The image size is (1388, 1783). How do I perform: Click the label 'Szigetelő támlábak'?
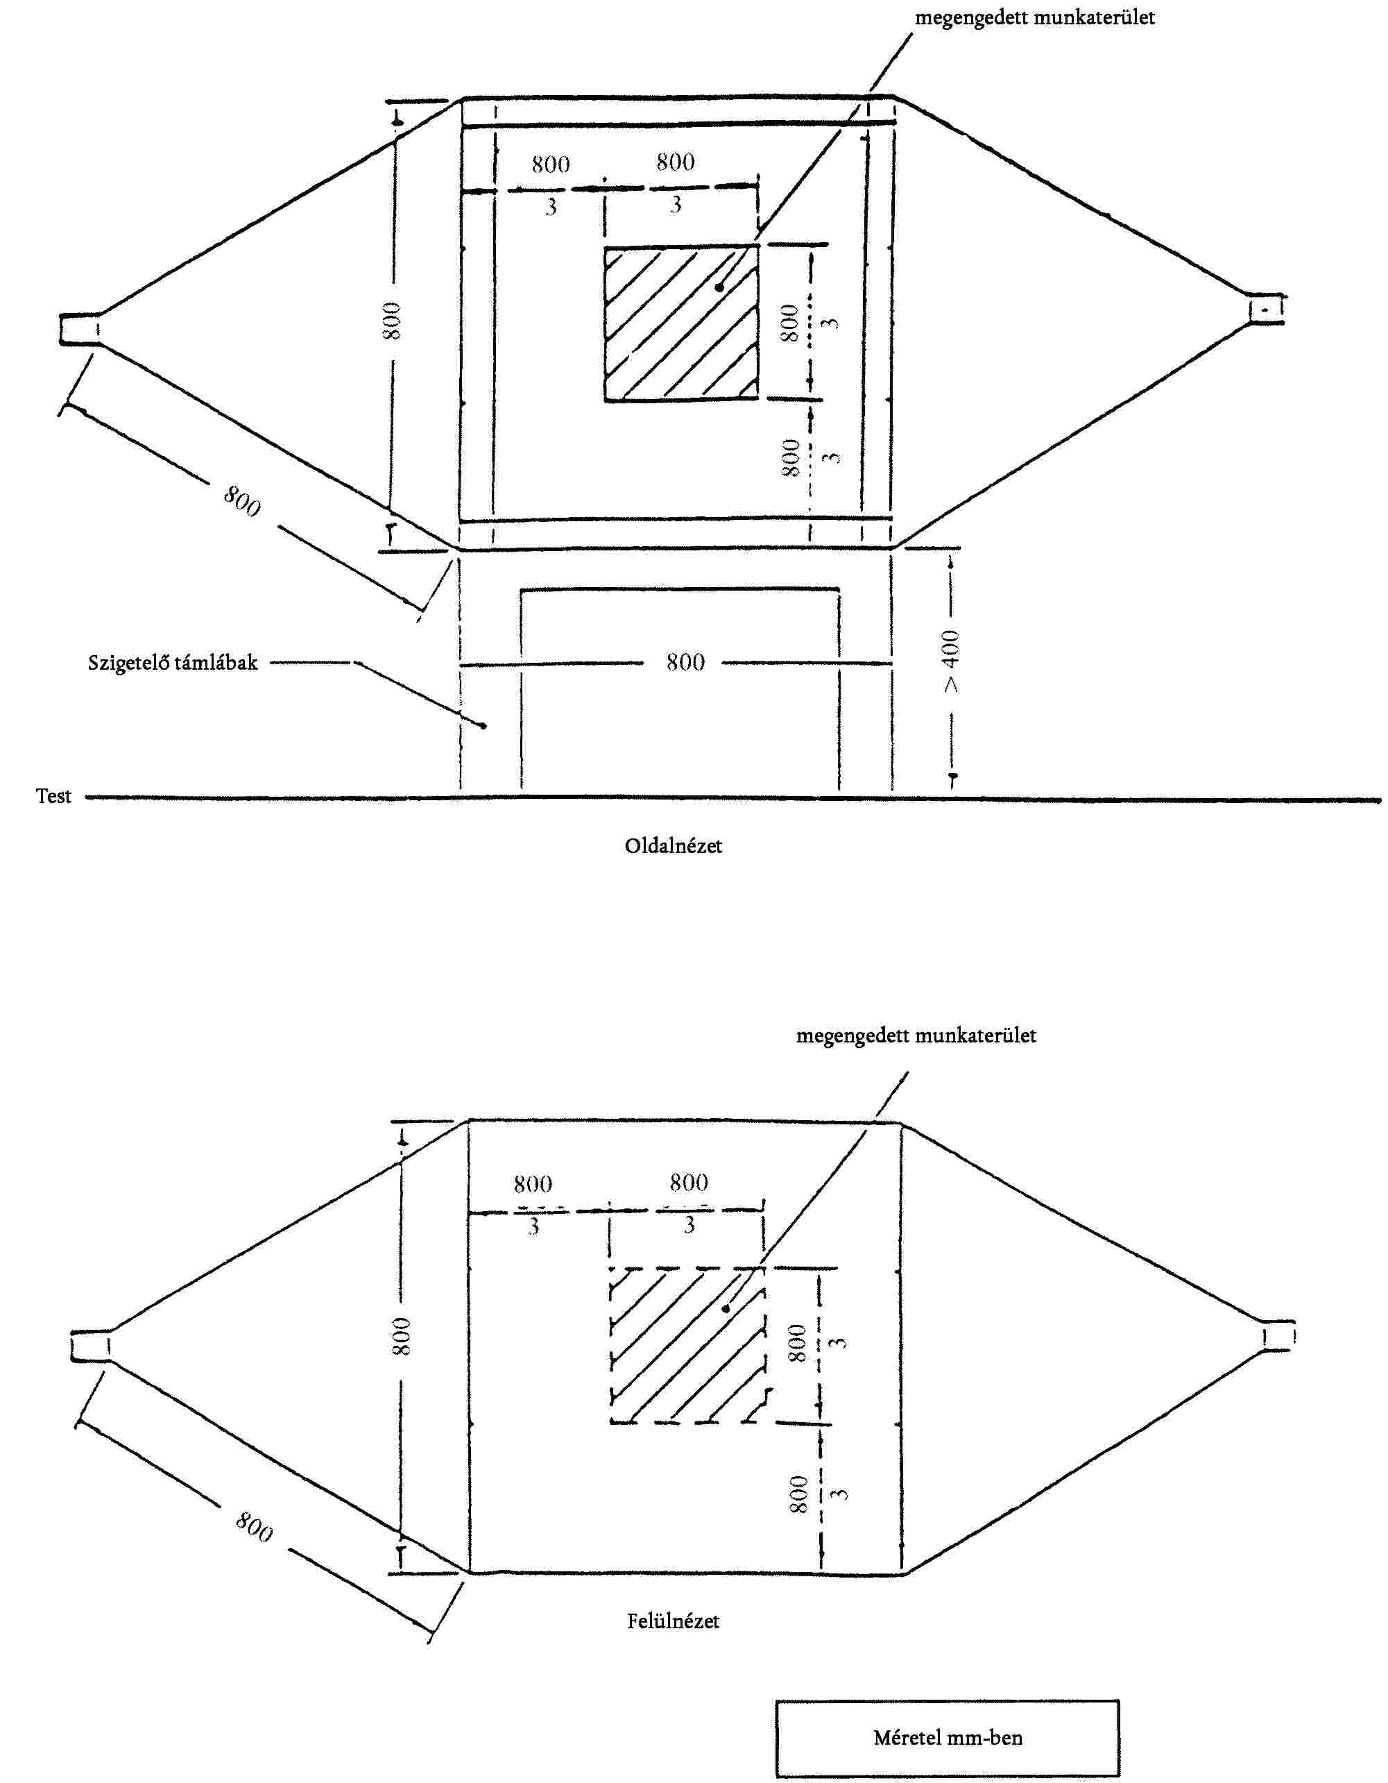(x=172, y=662)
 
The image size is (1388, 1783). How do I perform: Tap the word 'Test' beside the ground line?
(x=53, y=796)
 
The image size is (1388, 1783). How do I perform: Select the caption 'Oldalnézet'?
(x=674, y=846)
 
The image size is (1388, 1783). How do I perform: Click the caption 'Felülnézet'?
(x=674, y=1621)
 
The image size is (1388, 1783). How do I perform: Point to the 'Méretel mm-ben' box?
(x=947, y=1737)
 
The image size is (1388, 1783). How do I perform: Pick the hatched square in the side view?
(x=680, y=324)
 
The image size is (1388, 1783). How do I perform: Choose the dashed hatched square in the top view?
(x=687, y=1344)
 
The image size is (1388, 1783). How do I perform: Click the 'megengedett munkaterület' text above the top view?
(x=916, y=1036)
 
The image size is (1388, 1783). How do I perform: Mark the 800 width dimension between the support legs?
(x=685, y=662)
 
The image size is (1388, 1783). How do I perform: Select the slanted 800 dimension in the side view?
(x=242, y=500)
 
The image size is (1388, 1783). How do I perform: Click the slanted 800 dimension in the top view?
(x=254, y=1527)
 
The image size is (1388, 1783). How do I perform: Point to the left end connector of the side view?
(x=79, y=330)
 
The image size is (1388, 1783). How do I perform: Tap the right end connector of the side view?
(x=1266, y=310)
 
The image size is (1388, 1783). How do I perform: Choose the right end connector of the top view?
(x=1278, y=1337)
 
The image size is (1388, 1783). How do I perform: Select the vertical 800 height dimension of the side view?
(x=393, y=321)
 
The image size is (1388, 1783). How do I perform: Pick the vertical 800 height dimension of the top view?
(x=402, y=1337)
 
